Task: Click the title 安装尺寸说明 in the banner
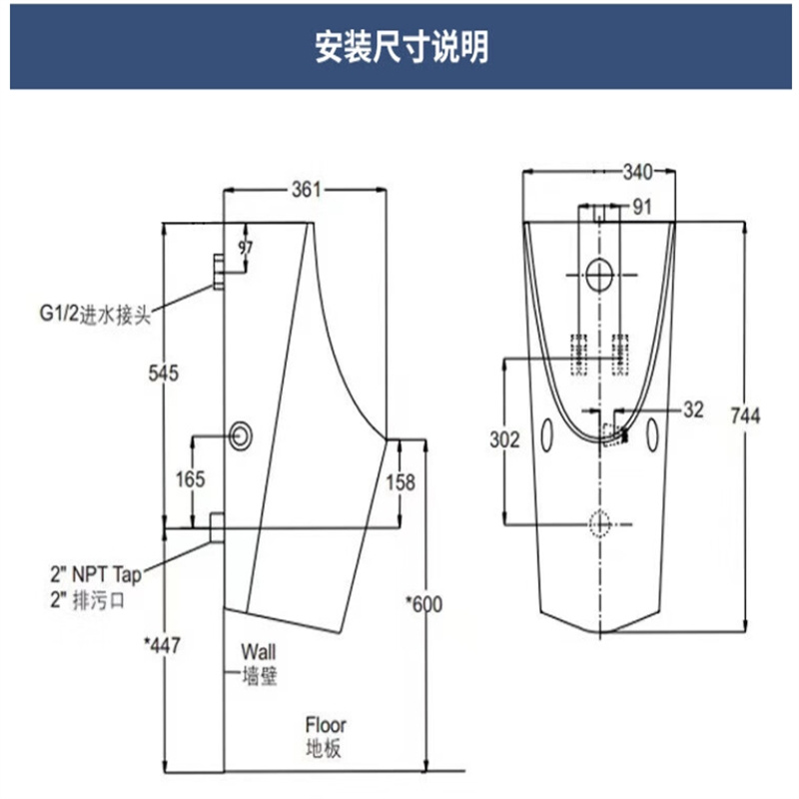pyautogui.click(x=401, y=46)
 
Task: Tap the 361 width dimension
pyautogui.click(x=307, y=190)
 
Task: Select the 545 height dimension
pyautogui.click(x=164, y=373)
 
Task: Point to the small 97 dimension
pyautogui.click(x=245, y=248)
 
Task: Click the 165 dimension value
pyautogui.click(x=190, y=479)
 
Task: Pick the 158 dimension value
pyautogui.click(x=400, y=482)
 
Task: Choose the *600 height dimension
pyautogui.click(x=423, y=604)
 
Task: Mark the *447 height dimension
pyautogui.click(x=162, y=645)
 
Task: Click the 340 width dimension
pyautogui.click(x=637, y=172)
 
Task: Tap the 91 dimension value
pyautogui.click(x=642, y=207)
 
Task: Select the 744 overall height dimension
pyautogui.click(x=745, y=415)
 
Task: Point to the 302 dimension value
pyautogui.click(x=504, y=439)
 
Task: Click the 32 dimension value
pyautogui.click(x=693, y=409)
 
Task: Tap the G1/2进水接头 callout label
pyautogui.click(x=95, y=315)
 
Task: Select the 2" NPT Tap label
pyautogui.click(x=96, y=575)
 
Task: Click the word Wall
pyautogui.click(x=259, y=652)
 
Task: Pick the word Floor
pyautogui.click(x=326, y=725)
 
